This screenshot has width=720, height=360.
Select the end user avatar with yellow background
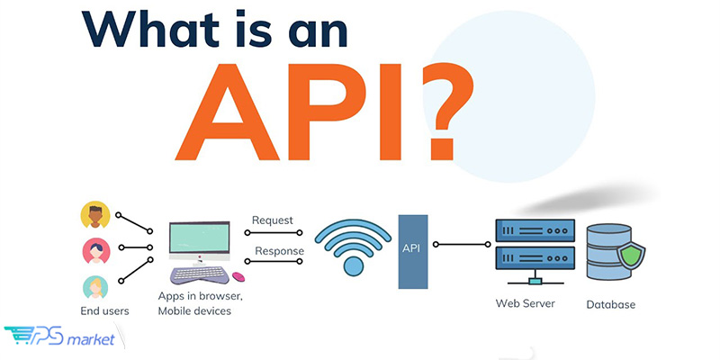click(x=95, y=215)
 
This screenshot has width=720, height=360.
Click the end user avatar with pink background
click(x=96, y=251)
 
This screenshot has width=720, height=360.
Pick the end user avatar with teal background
click(x=95, y=287)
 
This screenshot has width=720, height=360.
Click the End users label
click(x=104, y=310)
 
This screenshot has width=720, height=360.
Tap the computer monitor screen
click(x=199, y=237)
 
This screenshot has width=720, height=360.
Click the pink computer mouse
click(x=238, y=276)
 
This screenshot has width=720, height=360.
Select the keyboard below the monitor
click(x=199, y=274)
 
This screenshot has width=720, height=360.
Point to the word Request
click(x=273, y=220)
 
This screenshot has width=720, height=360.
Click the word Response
click(x=279, y=251)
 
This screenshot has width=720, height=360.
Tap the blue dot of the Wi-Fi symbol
click(x=353, y=266)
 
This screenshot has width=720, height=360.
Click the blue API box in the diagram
click(x=413, y=252)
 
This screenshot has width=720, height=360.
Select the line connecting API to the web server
click(x=462, y=245)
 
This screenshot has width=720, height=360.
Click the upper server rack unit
click(x=535, y=230)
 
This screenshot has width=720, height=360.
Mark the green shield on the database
click(x=631, y=256)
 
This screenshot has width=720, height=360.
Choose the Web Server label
click(x=526, y=303)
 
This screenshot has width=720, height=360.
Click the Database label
click(x=611, y=304)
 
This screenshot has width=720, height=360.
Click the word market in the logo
click(x=91, y=340)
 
